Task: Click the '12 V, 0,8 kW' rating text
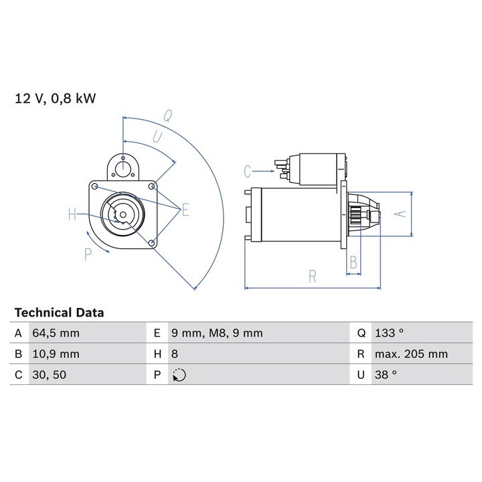click(56, 99)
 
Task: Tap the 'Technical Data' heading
click(60, 313)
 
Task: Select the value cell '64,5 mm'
click(56, 333)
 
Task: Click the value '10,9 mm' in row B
click(56, 354)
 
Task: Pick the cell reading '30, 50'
click(49, 375)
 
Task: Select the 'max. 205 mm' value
click(411, 354)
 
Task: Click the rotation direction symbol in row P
click(179, 375)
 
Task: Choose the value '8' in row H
click(176, 354)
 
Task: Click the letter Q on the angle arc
click(169, 114)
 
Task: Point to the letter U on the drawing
click(158, 137)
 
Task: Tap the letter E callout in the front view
click(185, 211)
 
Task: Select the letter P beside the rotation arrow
click(88, 254)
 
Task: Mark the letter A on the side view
click(400, 214)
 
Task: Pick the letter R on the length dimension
click(312, 276)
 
